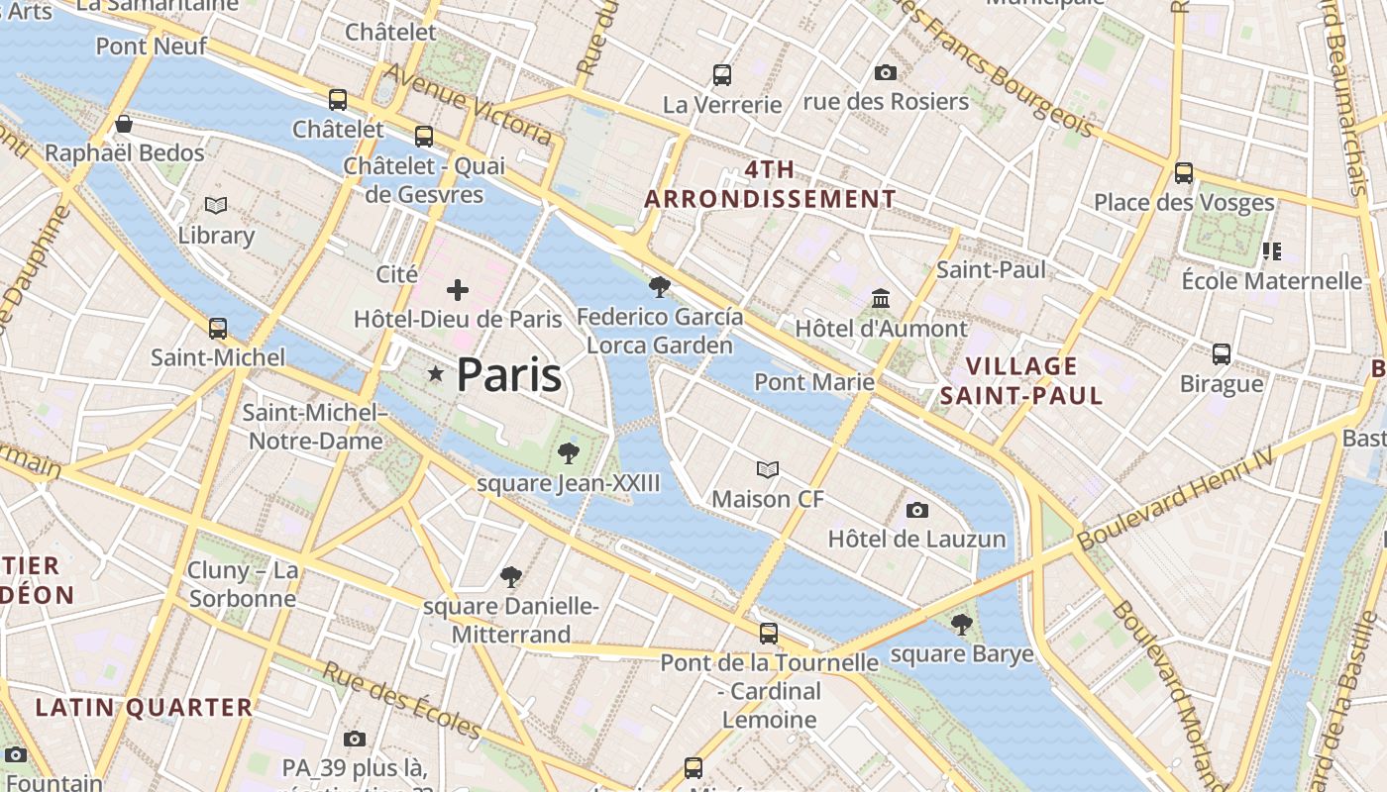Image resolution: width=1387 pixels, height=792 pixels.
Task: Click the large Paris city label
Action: tap(509, 375)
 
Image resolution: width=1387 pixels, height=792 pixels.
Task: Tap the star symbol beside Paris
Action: tap(435, 373)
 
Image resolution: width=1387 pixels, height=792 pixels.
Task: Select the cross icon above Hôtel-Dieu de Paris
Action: tap(458, 290)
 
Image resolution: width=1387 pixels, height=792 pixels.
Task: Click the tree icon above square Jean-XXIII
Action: tap(569, 453)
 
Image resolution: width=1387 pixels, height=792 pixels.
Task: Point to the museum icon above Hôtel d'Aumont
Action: tap(881, 298)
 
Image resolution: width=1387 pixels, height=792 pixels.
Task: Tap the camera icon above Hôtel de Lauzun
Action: tap(917, 510)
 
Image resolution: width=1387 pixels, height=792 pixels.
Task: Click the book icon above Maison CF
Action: tap(768, 469)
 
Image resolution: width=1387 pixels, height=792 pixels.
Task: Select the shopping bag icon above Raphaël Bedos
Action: tap(124, 124)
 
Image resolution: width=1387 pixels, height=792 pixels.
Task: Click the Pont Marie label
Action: tap(814, 382)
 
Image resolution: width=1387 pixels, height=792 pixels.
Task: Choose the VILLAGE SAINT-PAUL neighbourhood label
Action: tap(1021, 381)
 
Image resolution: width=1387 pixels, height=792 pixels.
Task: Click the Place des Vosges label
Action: tap(1184, 203)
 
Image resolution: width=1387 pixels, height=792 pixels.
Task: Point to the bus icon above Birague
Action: tap(1222, 353)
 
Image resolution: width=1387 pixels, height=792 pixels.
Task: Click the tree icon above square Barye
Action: tap(961, 625)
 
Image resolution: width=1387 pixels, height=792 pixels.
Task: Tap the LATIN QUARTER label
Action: tap(145, 707)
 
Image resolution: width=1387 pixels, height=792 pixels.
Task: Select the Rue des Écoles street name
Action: tap(401, 700)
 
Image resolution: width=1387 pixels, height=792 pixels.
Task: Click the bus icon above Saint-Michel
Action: tap(218, 328)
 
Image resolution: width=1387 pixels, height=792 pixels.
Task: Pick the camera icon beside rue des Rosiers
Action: tap(886, 72)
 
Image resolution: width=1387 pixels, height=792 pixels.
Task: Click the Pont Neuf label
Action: tap(152, 46)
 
